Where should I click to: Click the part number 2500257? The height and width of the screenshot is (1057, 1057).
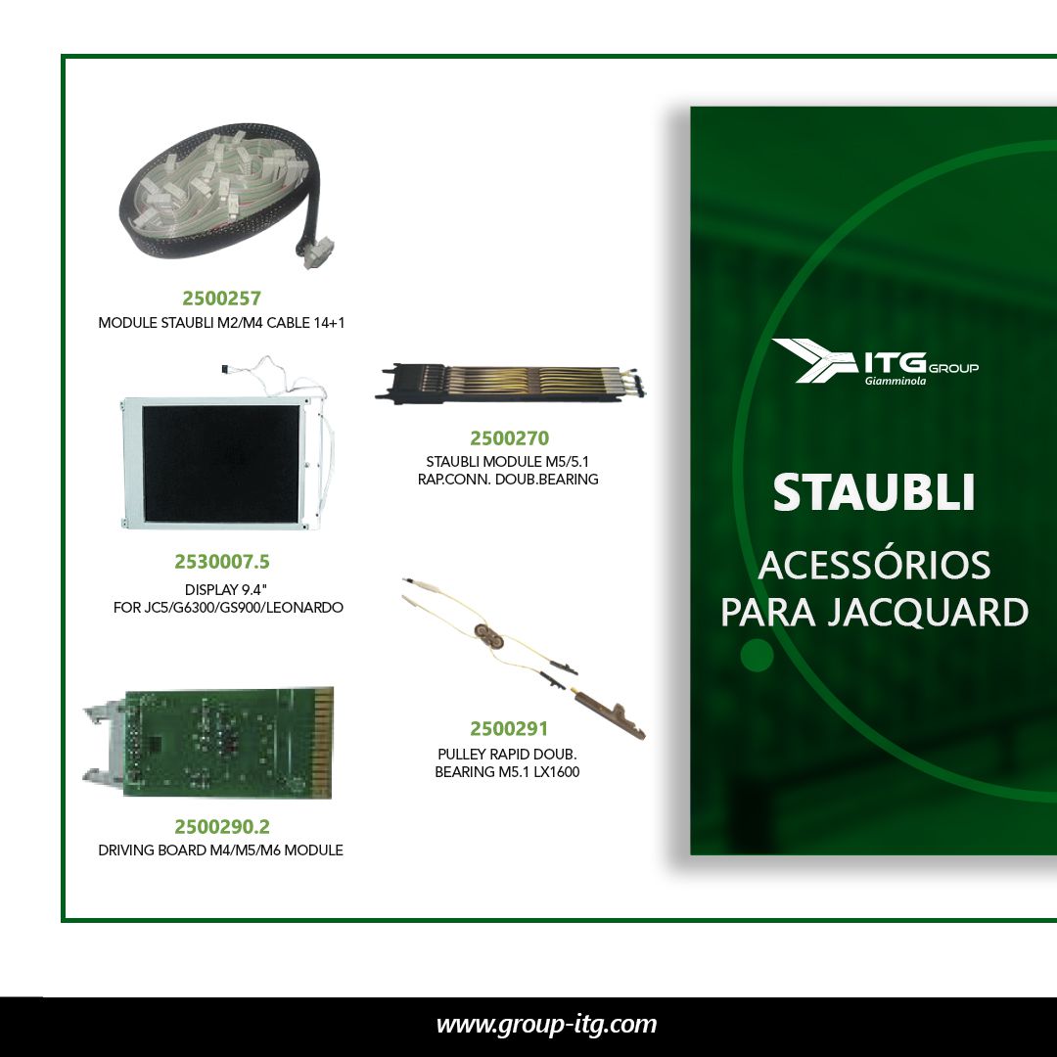click(222, 298)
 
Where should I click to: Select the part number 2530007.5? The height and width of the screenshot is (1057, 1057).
click(222, 562)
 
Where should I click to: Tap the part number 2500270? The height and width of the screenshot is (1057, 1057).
click(510, 438)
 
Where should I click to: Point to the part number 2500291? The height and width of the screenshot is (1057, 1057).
click(509, 729)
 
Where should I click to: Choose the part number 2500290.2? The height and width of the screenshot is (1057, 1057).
click(222, 826)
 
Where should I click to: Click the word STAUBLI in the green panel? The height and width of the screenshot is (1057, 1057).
click(874, 492)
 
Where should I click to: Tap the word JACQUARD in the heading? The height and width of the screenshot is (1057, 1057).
click(928, 612)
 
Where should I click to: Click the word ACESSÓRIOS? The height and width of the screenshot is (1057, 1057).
click(874, 565)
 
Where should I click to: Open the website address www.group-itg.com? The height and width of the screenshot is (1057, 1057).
click(547, 1025)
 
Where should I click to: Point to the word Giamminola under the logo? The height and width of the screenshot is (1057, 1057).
click(896, 381)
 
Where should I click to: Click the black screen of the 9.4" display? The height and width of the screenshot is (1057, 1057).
click(220, 463)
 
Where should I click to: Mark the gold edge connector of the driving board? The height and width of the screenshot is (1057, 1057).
click(323, 742)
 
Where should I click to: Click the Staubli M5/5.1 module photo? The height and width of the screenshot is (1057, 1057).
click(511, 383)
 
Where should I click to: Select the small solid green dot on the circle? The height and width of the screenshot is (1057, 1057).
click(757, 655)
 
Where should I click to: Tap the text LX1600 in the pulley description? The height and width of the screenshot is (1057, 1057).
click(556, 772)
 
